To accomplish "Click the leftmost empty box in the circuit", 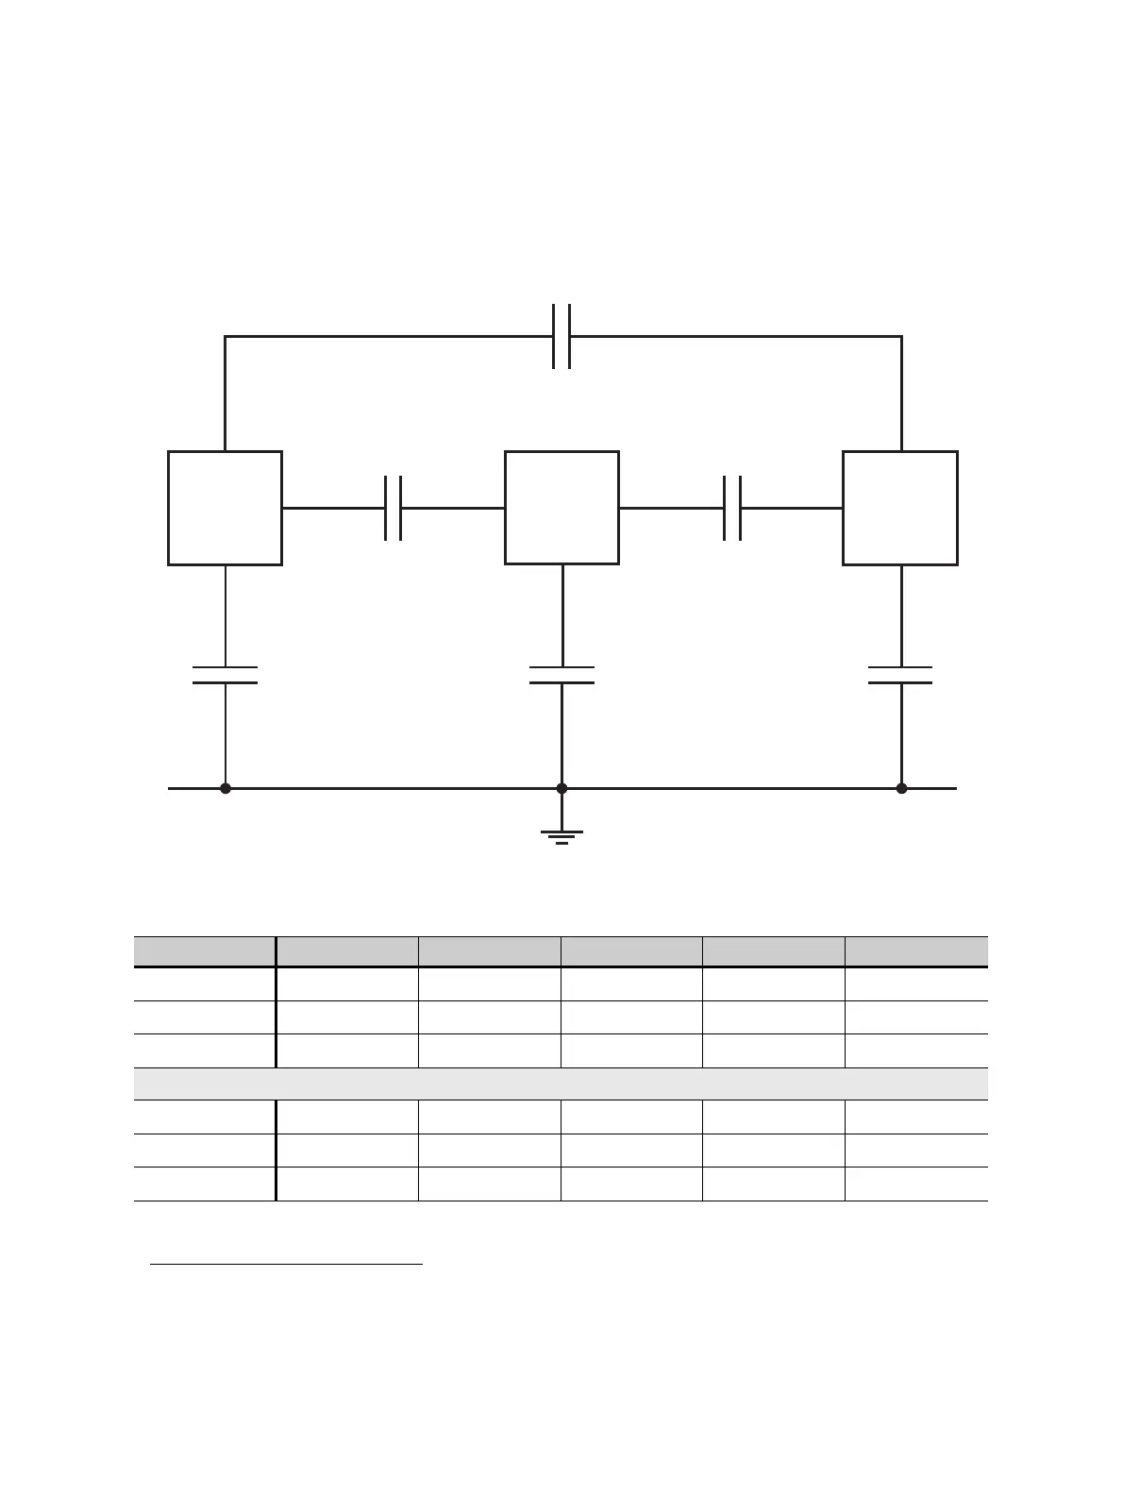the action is click(x=225, y=508).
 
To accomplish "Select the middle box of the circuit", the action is click(x=561, y=508).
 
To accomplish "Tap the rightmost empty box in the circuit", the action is click(x=900, y=508).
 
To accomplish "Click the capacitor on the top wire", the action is click(x=561, y=336).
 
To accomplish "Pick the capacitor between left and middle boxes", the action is click(x=394, y=508).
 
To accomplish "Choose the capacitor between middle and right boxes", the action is click(x=731, y=508).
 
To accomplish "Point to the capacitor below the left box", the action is click(x=225, y=675).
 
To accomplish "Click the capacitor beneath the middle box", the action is click(x=561, y=675).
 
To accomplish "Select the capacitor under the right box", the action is click(x=900, y=675).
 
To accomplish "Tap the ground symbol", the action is click(x=561, y=835).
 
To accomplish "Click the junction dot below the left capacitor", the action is click(x=225, y=788).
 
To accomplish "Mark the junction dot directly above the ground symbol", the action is click(x=561, y=788).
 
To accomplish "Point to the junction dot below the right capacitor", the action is click(x=901, y=788).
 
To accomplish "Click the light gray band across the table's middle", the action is click(x=561, y=1083).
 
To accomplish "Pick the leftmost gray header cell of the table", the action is click(x=204, y=950).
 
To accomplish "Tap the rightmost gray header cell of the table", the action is click(x=916, y=950).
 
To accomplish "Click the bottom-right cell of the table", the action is click(x=916, y=1184).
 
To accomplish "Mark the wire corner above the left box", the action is click(x=225, y=336).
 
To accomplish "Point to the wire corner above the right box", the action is click(x=901, y=336).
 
